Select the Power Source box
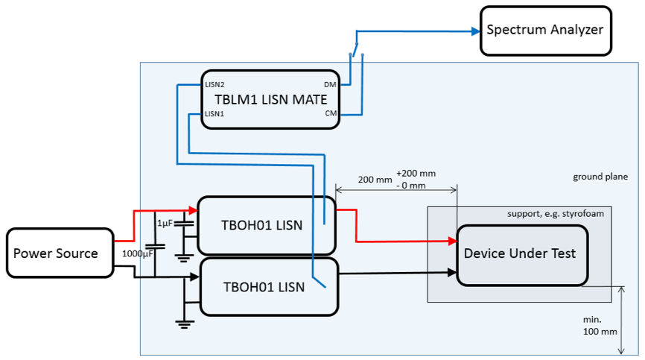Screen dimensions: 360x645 point(56,253)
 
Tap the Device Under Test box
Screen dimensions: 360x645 point(520,253)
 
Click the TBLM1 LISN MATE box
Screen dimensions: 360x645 point(271,99)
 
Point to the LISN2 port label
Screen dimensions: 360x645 point(215,84)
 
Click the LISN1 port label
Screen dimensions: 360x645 point(215,114)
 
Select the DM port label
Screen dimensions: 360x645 point(331,84)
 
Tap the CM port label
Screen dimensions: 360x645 point(331,113)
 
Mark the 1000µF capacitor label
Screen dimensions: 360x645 point(137,253)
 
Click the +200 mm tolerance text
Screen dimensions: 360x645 point(416,173)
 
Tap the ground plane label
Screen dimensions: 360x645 point(600,177)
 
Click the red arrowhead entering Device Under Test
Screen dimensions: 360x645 point(451,241)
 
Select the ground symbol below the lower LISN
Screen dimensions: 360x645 point(184,323)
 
